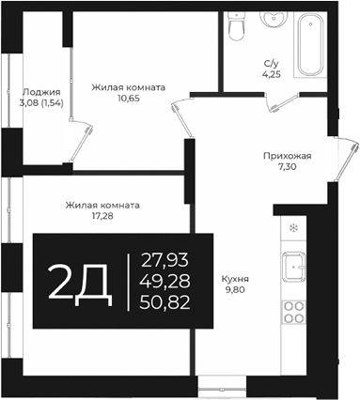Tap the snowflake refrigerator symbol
click(x=294, y=228)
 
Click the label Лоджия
click(x=40, y=92)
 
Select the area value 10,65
click(x=128, y=97)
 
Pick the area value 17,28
click(x=102, y=215)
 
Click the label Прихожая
click(x=287, y=157)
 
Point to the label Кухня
click(x=235, y=279)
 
